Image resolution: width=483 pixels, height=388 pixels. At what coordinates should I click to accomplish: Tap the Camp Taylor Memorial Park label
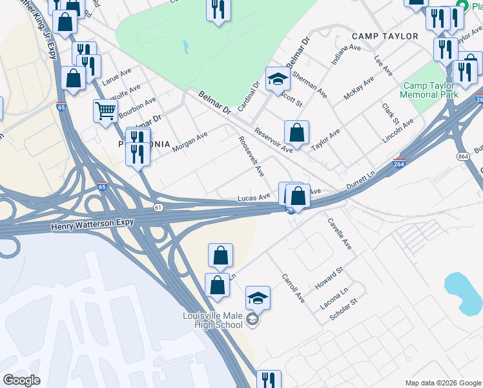tap(429, 90)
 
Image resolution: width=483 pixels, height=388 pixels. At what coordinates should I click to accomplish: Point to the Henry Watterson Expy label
tap(92, 222)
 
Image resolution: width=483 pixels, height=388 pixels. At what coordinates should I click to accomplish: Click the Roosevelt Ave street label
tap(251, 156)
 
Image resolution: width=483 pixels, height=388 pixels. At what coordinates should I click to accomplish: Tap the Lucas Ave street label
tap(253, 197)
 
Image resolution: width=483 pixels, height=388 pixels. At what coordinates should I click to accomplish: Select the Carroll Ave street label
tap(293, 288)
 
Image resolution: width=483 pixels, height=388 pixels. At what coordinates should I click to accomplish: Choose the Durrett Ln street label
tap(360, 180)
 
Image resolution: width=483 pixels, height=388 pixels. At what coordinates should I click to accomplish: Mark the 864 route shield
tap(462, 156)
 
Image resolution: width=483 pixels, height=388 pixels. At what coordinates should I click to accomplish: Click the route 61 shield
tap(158, 207)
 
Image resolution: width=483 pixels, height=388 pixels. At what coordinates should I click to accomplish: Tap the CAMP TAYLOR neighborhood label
tap(385, 36)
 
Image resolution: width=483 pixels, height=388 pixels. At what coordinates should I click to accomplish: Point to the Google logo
tap(21, 380)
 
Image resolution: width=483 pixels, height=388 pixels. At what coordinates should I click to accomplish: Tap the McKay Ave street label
tap(358, 88)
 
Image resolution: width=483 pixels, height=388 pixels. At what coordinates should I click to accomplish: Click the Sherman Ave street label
tap(309, 85)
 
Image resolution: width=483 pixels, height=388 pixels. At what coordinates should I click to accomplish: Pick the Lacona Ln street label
tap(334, 296)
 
